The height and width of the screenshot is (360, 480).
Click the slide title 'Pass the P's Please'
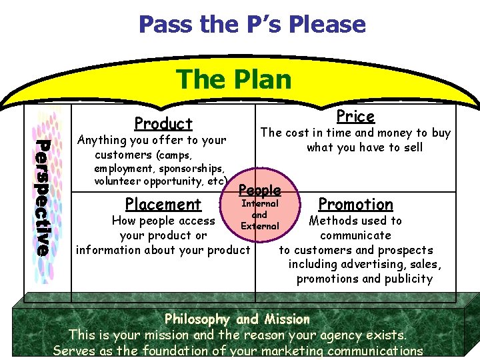pyautogui.click(x=252, y=25)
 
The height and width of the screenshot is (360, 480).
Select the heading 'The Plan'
pyautogui.click(x=234, y=79)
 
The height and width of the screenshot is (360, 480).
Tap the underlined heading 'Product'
pyautogui.click(x=163, y=123)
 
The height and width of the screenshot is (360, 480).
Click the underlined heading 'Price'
pyautogui.click(x=355, y=117)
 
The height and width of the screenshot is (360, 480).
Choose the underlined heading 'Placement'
pyautogui.click(x=163, y=204)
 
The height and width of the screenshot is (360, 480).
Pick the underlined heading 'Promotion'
pyautogui.click(x=355, y=204)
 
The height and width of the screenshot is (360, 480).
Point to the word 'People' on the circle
pyautogui.click(x=259, y=190)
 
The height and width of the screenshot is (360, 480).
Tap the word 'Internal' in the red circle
pyautogui.click(x=259, y=203)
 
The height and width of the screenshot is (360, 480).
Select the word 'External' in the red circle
pyautogui.click(x=259, y=226)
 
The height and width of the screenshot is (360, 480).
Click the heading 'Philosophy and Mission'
pyautogui.click(x=237, y=319)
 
